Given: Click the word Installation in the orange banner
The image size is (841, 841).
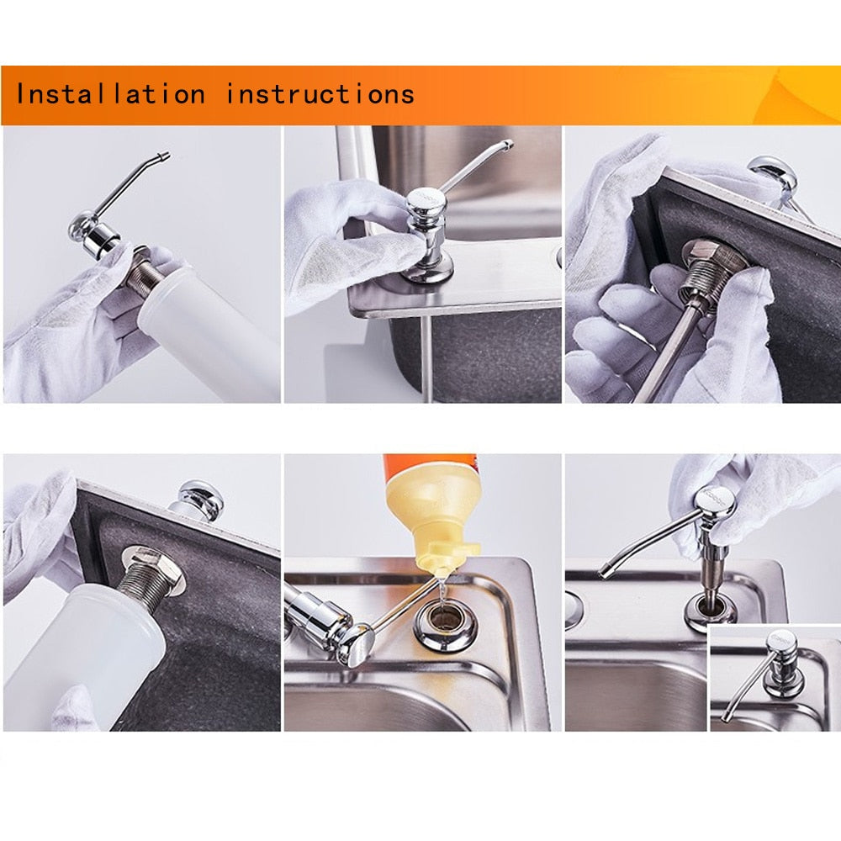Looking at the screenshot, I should pos(110,93).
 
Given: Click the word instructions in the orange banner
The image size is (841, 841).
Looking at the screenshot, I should pos(320,93).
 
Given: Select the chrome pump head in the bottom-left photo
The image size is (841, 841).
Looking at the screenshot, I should pos(200,500).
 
